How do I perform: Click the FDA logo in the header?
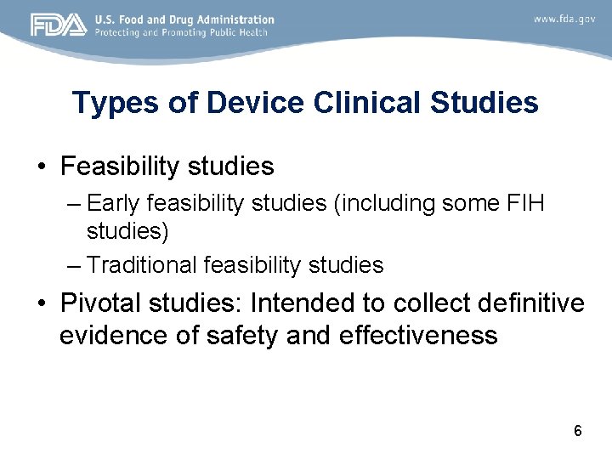point(59,25)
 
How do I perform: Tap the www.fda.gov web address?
point(564,19)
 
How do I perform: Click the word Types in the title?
point(106,103)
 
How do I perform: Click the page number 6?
point(578,430)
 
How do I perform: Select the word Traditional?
point(142,265)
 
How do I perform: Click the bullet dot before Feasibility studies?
point(42,167)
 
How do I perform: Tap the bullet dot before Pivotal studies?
point(42,303)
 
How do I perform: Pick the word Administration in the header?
point(232,19)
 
